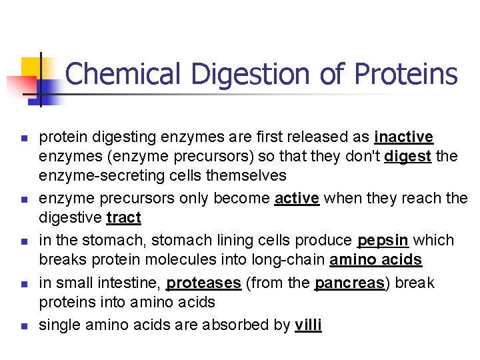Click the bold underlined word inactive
(x=404, y=137)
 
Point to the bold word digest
(x=409, y=157)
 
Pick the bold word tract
(x=123, y=218)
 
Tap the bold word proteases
(x=203, y=283)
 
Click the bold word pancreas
(x=350, y=283)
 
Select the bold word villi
(x=308, y=325)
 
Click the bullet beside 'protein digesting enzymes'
(x=23, y=139)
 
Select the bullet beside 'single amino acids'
(x=23, y=327)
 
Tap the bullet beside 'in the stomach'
(x=23, y=241)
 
